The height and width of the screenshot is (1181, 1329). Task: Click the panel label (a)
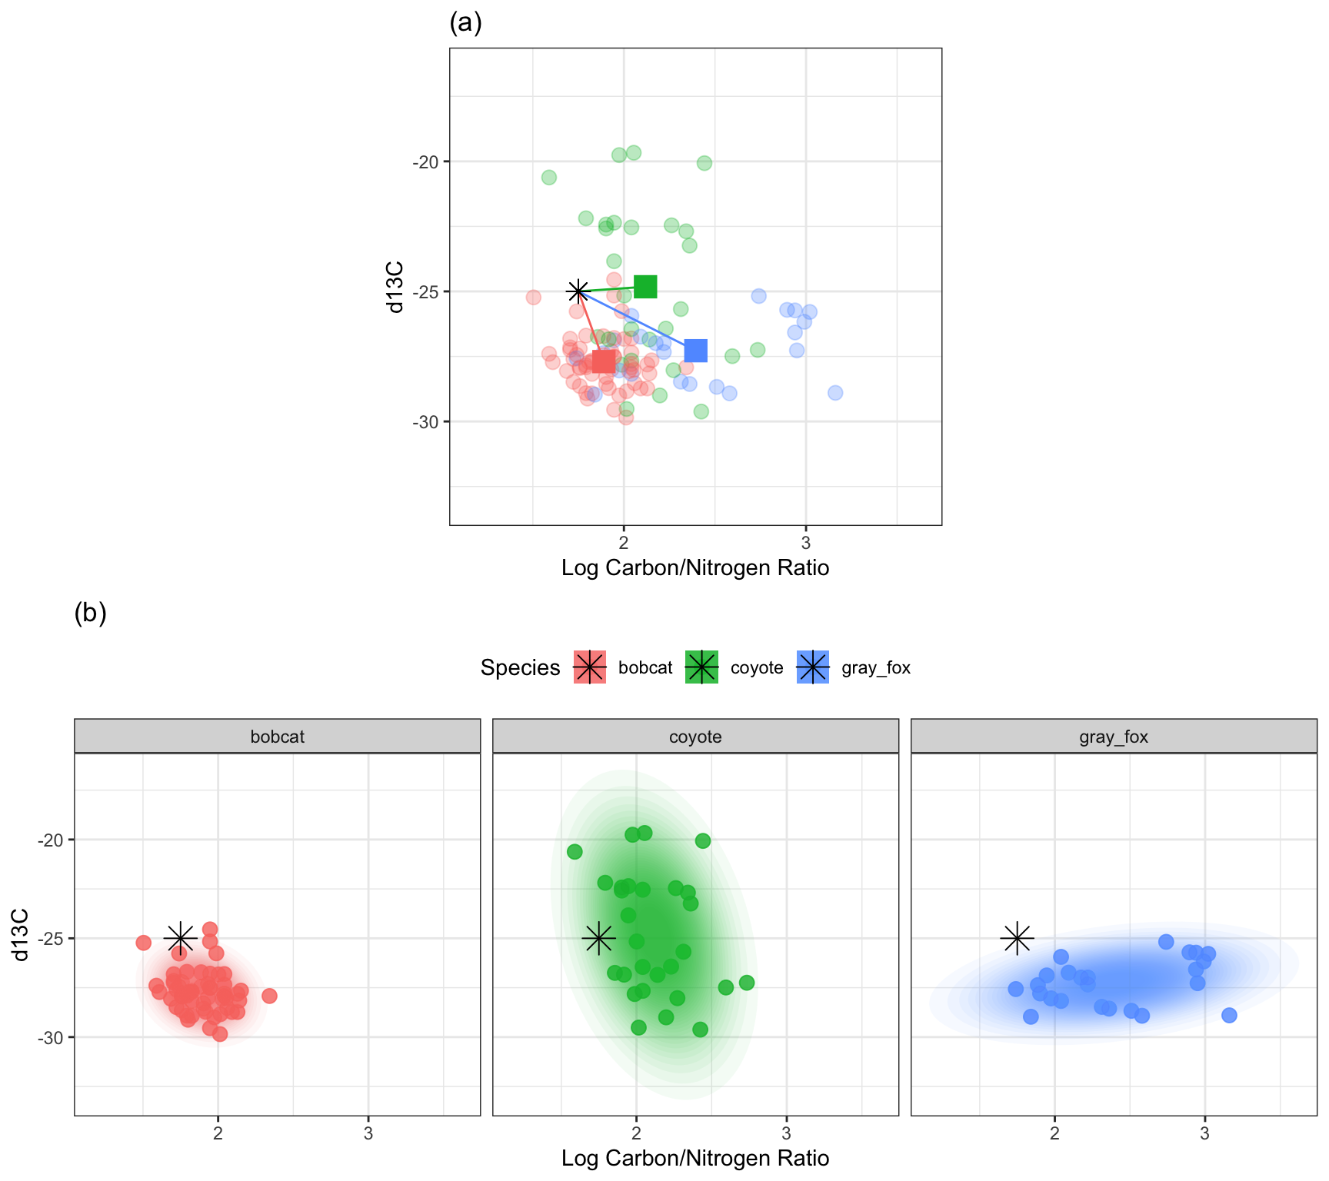[x=465, y=24]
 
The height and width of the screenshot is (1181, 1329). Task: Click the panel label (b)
[x=90, y=614]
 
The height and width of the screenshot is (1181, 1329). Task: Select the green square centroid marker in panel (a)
[x=645, y=287]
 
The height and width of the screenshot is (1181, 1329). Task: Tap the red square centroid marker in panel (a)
[x=604, y=361]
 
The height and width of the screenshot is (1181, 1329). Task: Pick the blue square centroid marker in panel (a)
[x=695, y=351]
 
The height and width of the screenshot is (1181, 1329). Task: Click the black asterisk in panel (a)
[x=578, y=291]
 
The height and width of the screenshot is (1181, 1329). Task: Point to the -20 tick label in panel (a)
[x=425, y=162]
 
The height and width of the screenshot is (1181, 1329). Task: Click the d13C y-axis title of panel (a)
[x=395, y=287]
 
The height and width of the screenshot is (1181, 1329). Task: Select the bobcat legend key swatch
[x=590, y=667]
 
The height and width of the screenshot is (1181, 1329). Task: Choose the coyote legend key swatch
[x=701, y=667]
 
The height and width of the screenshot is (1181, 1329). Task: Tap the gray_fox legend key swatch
[x=813, y=667]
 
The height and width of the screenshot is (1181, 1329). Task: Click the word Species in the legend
[x=520, y=667]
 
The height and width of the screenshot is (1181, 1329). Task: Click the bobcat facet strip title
[x=277, y=737]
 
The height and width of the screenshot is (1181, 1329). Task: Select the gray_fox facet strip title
[x=1113, y=737]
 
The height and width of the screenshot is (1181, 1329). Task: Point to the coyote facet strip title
[x=695, y=737]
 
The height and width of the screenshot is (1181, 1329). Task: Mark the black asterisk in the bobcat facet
[x=181, y=938]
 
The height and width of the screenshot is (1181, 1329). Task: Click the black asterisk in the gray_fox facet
[x=1018, y=938]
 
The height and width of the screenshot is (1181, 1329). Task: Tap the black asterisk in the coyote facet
[x=599, y=938]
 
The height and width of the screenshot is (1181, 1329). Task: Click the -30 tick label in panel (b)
[x=50, y=1038]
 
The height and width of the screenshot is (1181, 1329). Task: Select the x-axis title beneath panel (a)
[x=695, y=568]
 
